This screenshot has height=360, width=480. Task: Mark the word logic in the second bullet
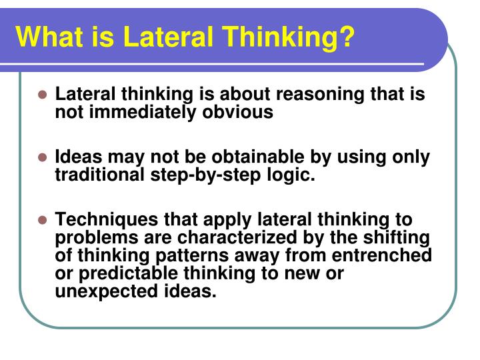(x=294, y=175)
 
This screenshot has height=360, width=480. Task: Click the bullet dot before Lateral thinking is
(x=42, y=95)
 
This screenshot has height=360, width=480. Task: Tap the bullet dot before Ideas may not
(x=42, y=158)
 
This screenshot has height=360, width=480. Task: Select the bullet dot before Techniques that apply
(x=42, y=221)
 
